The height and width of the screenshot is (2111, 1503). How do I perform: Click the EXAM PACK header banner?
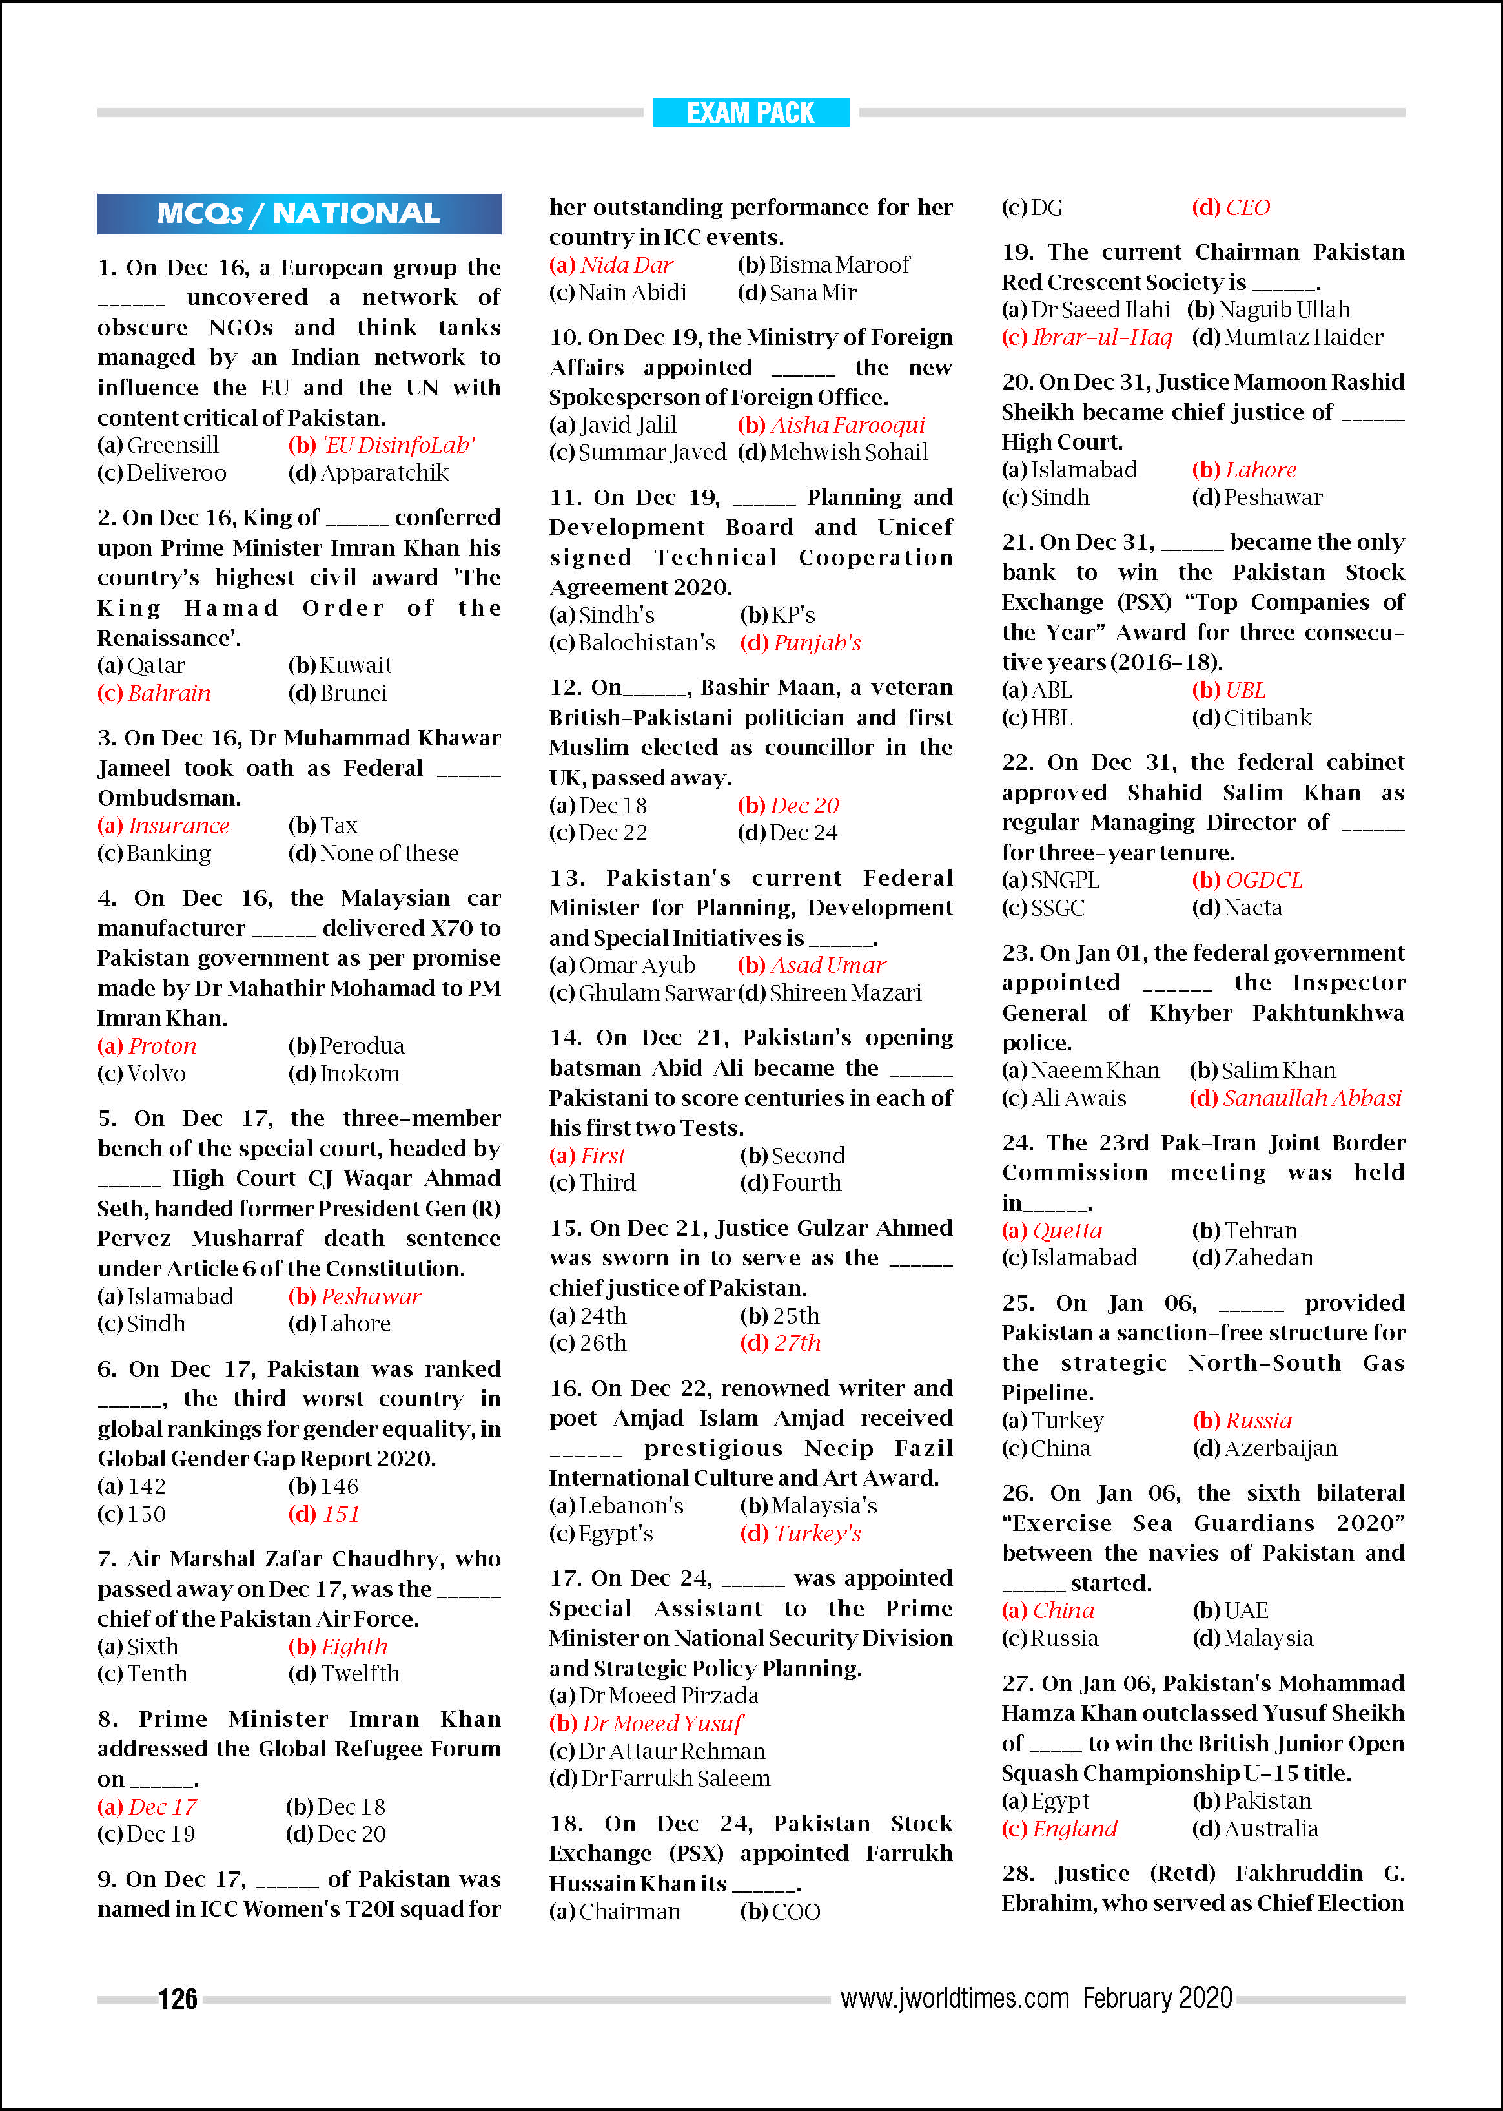pyautogui.click(x=751, y=113)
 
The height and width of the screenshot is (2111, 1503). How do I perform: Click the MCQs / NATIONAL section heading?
pyautogui.click(x=299, y=214)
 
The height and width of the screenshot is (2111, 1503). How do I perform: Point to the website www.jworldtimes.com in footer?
pyautogui.click(x=954, y=1997)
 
